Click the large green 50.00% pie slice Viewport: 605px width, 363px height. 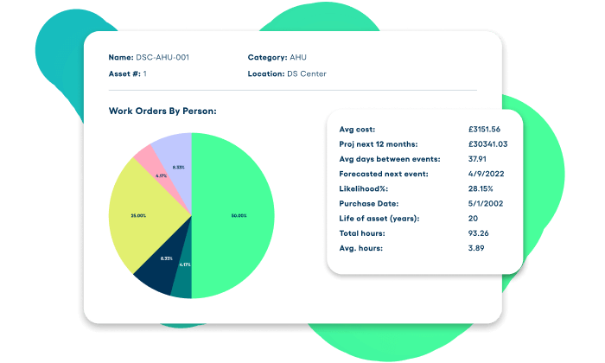pyautogui.click(x=233, y=216)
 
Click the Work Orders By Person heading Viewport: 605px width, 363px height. pyautogui.click(x=162, y=111)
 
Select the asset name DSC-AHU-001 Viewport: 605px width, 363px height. pyautogui.click(x=162, y=58)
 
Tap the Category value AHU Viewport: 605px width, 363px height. pyautogui.click(x=298, y=58)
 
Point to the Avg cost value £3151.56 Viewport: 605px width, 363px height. pyautogui.click(x=484, y=129)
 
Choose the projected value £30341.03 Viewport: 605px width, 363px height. pyautogui.click(x=487, y=143)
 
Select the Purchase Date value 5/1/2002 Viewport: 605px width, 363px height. pyautogui.click(x=482, y=203)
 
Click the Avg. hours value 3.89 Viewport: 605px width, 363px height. pyautogui.click(x=475, y=248)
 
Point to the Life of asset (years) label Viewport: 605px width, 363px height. pyautogui.click(x=379, y=219)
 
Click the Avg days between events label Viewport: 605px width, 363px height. pyautogui.click(x=390, y=159)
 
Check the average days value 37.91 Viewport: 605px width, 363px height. pyautogui.click(x=477, y=159)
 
